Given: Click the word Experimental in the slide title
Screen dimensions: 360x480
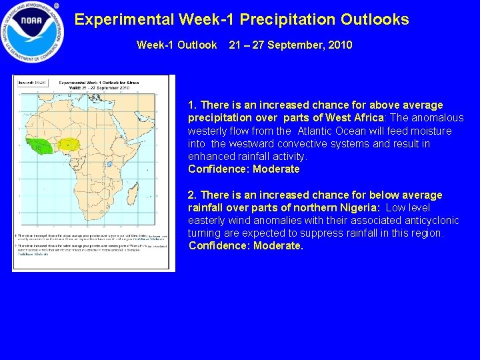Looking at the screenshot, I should (121, 19).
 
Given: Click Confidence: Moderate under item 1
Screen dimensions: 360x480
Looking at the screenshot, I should (244, 169).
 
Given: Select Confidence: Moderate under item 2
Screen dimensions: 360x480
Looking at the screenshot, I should (245, 246).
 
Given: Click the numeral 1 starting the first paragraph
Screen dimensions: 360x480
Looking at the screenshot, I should (192, 105).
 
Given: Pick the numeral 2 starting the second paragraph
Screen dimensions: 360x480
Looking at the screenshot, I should (192, 195).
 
